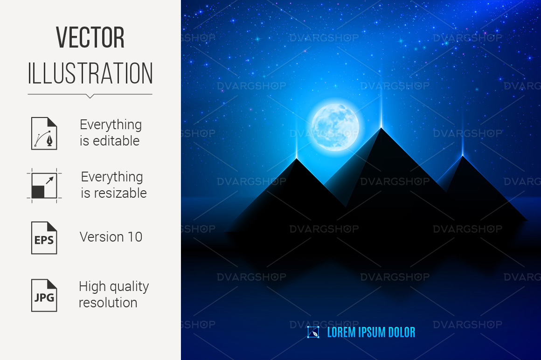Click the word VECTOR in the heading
pyautogui.click(x=90, y=37)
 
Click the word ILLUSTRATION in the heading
pyautogui.click(x=90, y=73)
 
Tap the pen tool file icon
pyautogui.click(x=44, y=133)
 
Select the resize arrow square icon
pyautogui.click(x=44, y=186)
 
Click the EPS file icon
pyautogui.click(x=44, y=238)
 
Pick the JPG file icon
pyautogui.click(x=44, y=296)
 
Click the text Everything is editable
pyautogui.click(x=111, y=133)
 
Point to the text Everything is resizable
pyautogui.click(x=114, y=185)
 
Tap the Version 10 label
pyautogui.click(x=111, y=237)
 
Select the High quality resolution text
pyautogui.click(x=114, y=295)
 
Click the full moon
pyautogui.click(x=335, y=127)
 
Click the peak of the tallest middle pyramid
pyautogui.click(x=381, y=128)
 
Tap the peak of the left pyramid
pyautogui.click(x=297, y=158)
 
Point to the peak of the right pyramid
pyautogui.click(x=463, y=156)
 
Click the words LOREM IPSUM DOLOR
pyautogui.click(x=371, y=332)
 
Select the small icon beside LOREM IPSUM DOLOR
pyautogui.click(x=313, y=332)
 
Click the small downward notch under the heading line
pyautogui.click(x=90, y=96)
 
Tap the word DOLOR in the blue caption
pyautogui.click(x=402, y=332)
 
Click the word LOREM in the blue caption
pyautogui.click(x=341, y=332)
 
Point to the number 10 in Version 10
pyautogui.click(x=135, y=237)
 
